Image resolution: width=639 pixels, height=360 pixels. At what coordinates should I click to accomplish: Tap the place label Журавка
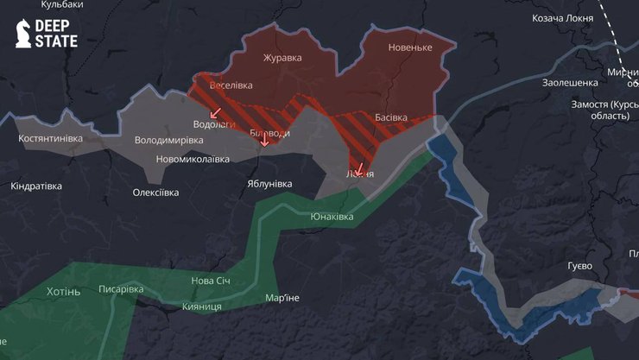[x=282, y=58]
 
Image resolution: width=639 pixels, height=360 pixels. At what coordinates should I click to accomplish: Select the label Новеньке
[x=410, y=47]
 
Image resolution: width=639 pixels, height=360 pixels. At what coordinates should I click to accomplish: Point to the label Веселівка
[x=231, y=85]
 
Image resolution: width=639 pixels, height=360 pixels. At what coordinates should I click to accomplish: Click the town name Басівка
[x=392, y=117]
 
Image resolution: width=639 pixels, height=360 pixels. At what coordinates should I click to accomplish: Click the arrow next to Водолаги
[x=215, y=112]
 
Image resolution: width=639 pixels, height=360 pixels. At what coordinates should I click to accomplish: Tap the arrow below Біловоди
[x=265, y=142]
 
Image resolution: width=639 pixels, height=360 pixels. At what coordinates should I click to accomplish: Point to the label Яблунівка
[x=269, y=184]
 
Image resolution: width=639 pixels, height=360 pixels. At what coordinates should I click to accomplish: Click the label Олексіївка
[x=155, y=193]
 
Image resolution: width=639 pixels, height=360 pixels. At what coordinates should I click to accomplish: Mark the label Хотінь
[x=63, y=292]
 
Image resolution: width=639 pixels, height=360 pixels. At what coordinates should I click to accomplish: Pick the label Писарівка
[x=121, y=288]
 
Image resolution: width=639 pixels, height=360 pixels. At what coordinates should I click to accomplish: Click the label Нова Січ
[x=211, y=281]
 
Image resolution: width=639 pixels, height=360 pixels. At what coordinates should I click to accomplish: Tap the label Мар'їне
[x=282, y=298]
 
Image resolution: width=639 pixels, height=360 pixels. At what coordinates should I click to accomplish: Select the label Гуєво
[x=579, y=265]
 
